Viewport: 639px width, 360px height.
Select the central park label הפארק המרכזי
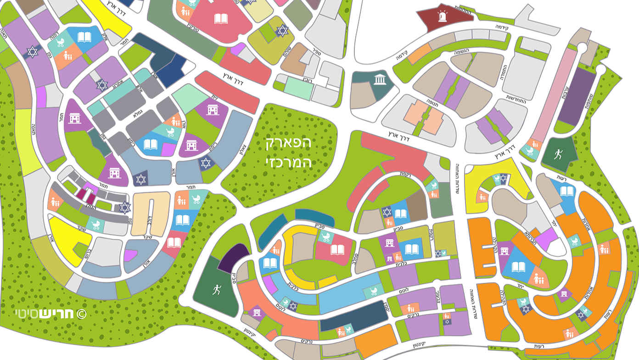point(289,152)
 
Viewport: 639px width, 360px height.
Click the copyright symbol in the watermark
point(81,314)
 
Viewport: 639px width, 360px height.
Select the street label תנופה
point(432,109)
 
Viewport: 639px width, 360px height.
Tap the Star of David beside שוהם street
point(281,30)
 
